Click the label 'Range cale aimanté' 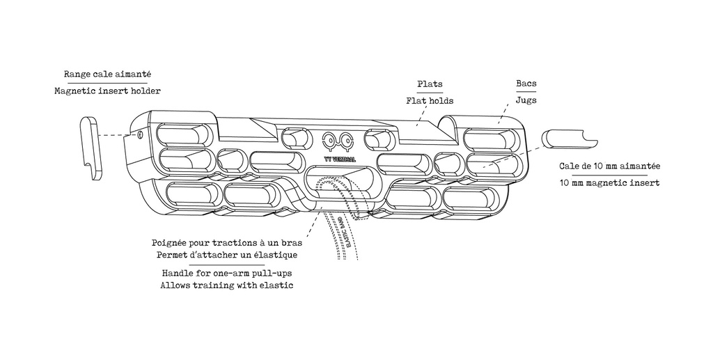point(107,74)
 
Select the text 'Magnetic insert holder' point(107,91)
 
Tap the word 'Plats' point(430,84)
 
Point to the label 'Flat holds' point(430,101)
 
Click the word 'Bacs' point(526,84)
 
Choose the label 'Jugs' point(526,100)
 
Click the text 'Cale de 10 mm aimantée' point(610,166)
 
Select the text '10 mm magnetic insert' point(609,183)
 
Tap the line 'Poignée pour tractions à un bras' point(226,244)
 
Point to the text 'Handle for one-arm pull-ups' point(226,274)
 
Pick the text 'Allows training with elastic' point(226,285)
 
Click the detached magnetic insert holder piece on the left point(89,148)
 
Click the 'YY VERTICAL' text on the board point(340,159)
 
